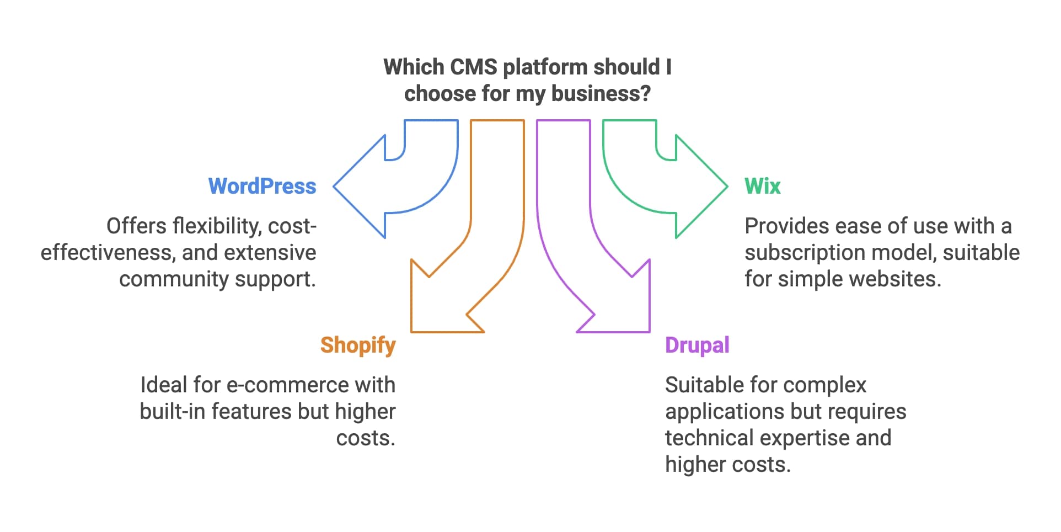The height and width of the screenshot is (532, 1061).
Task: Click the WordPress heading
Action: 262,187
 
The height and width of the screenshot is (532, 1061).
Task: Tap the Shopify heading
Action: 358,345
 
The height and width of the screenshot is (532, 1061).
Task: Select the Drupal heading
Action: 697,345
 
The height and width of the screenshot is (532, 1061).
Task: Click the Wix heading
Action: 762,187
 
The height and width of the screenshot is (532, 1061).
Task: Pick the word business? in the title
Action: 601,94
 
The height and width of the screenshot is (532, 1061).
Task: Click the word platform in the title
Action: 545,67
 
